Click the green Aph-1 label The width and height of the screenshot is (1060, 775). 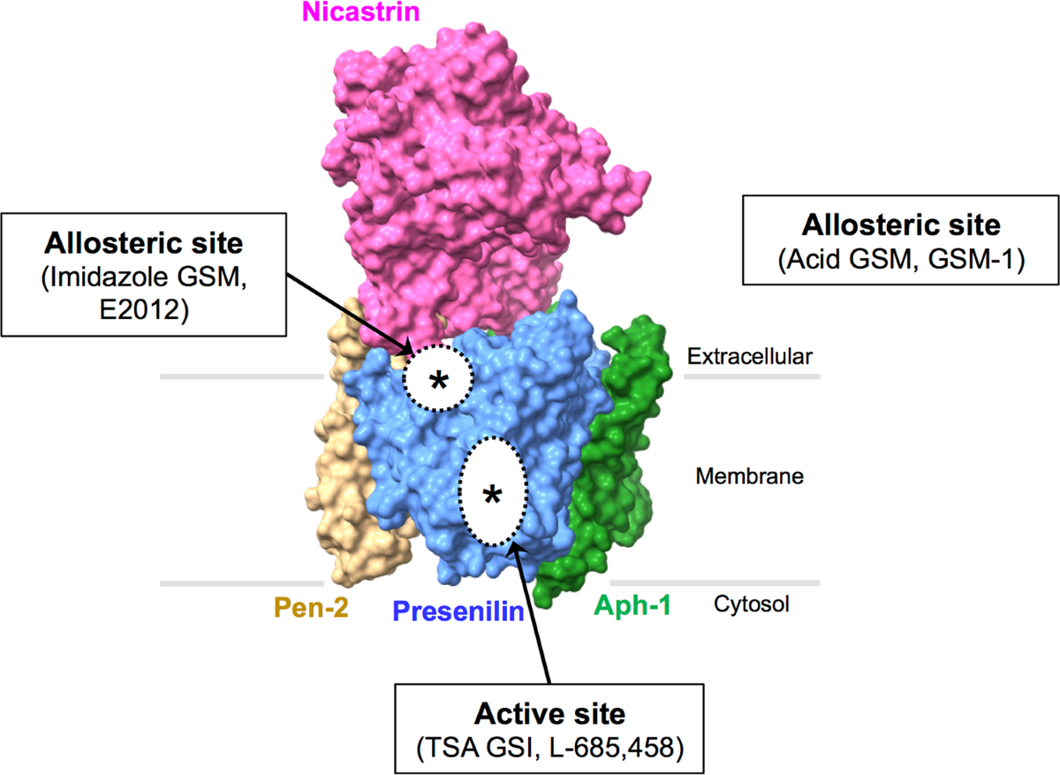point(632,605)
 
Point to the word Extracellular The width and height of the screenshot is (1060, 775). point(748,356)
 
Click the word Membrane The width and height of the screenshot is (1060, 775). point(749,476)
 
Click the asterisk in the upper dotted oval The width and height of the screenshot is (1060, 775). point(438,381)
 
